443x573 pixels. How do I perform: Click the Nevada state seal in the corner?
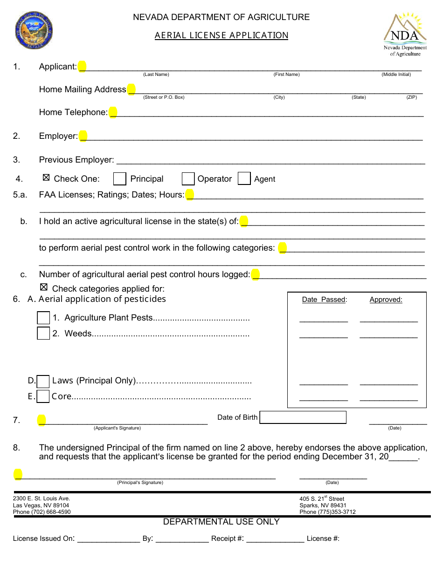click(x=34, y=31)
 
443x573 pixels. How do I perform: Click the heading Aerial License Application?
click(x=221, y=35)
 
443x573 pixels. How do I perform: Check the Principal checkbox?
click(x=120, y=179)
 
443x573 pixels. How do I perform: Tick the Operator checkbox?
click(x=188, y=179)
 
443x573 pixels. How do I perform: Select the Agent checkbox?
click(x=244, y=179)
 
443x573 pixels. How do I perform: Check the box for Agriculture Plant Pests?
click(x=43, y=318)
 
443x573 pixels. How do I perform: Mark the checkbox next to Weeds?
click(x=43, y=334)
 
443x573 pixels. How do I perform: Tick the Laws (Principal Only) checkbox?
click(x=43, y=382)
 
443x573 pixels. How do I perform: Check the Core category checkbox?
click(x=43, y=396)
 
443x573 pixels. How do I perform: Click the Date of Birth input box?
click(x=303, y=417)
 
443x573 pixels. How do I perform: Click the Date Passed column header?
click(x=324, y=300)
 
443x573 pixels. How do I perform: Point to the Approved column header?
click(x=386, y=300)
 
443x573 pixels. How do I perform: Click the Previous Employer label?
click(x=76, y=160)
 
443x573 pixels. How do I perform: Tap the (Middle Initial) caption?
click(x=396, y=75)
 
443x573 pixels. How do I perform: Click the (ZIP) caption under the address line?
click(x=411, y=97)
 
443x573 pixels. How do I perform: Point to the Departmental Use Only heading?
click(x=221, y=522)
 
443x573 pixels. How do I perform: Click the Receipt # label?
click(x=228, y=539)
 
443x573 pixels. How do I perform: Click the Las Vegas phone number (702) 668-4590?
click(x=42, y=512)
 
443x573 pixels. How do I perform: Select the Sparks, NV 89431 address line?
click(x=323, y=505)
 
